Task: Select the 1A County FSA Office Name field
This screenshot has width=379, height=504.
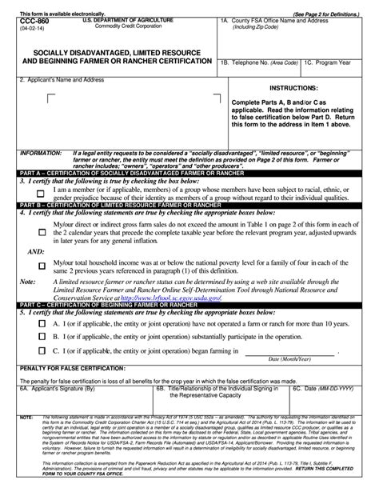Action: (x=296, y=40)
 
